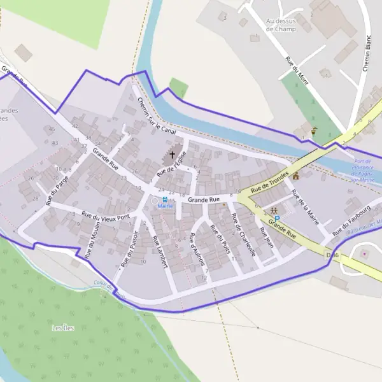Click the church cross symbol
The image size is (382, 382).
pos(172,154)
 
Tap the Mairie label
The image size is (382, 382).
pos(165,206)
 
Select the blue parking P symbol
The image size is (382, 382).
pos(277,218)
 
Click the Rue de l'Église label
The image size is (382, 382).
pos(172,163)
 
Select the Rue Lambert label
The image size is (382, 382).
pos(159,252)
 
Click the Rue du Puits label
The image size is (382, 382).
pos(220,241)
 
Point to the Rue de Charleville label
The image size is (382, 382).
pos(244,235)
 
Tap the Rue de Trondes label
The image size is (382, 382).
pos(270,181)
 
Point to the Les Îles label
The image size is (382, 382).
pos(62,328)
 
